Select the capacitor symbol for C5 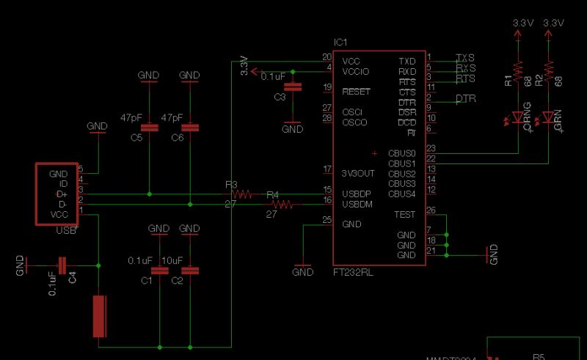pos(149,128)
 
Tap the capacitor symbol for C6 pos(190,128)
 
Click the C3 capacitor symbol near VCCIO pos(293,87)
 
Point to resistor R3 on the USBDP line pos(241,194)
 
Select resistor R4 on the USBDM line pos(282,205)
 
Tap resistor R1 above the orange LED pos(518,70)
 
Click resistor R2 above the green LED pos(549,70)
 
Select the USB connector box pos(57,194)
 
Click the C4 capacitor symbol pos(62,265)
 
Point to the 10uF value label pos(172,260)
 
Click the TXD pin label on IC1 pos(406,61)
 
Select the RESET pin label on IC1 pos(357,92)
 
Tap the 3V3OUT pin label pos(359,173)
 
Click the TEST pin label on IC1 pos(404,215)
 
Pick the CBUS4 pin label pos(402,194)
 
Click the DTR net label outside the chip pos(466,98)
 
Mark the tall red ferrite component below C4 pos(99,316)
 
